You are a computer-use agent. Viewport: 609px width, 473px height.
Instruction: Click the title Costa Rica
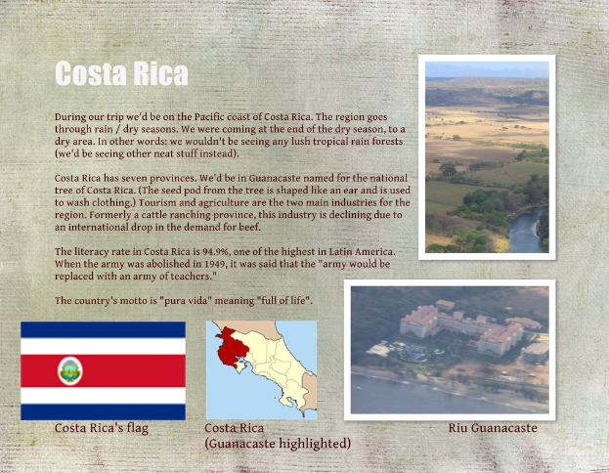tap(121, 74)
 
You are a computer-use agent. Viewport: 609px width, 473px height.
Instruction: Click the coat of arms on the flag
tap(70, 370)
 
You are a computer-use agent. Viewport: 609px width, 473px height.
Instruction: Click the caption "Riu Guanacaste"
tap(493, 428)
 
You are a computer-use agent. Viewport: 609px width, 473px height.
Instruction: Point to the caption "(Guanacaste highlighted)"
tap(278, 444)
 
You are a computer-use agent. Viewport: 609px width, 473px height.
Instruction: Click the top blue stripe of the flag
tap(103, 329)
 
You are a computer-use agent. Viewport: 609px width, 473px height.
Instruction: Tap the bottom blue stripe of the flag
tap(103, 411)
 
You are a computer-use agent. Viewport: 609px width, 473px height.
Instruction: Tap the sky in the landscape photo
tap(487, 69)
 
